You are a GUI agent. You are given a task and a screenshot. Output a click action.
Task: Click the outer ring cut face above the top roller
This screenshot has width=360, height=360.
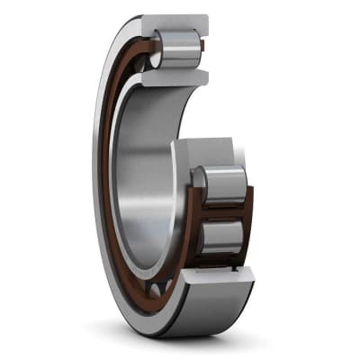point(176,23)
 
